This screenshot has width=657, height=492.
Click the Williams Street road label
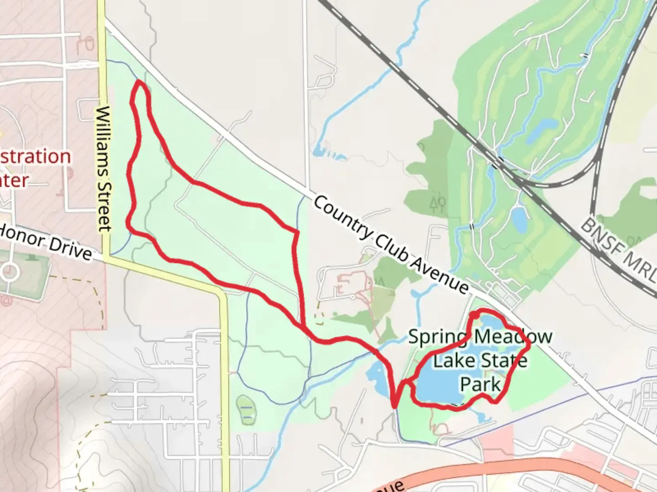(104, 169)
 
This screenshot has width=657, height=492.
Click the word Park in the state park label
(480, 384)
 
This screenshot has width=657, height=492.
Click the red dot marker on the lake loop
(473, 315)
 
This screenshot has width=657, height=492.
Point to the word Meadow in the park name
(513, 338)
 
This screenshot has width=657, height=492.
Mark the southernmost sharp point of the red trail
(395, 405)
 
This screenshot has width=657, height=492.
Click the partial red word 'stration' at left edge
(34, 157)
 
